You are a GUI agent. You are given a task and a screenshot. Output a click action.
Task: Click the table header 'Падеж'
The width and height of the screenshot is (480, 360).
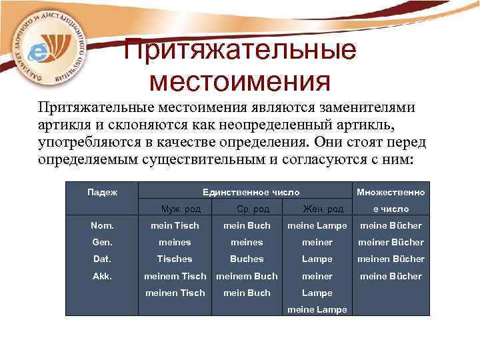[103, 192]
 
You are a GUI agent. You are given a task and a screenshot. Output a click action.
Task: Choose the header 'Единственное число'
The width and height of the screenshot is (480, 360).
[246, 192]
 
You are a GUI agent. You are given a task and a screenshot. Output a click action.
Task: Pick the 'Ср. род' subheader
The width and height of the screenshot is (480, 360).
[246, 209]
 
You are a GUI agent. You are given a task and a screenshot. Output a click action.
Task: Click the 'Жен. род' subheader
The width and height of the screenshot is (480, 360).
[317, 209]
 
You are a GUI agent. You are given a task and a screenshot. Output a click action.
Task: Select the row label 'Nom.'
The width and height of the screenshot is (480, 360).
[101, 226]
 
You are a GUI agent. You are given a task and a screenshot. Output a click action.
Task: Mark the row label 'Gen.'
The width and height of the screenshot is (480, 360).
[101, 243]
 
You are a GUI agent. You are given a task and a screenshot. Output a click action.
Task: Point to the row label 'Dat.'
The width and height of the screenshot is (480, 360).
[101, 259]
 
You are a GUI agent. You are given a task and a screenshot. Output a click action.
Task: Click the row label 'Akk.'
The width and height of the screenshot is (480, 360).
[101, 276]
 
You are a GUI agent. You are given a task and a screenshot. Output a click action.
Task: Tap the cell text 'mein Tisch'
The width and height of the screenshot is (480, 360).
[175, 226]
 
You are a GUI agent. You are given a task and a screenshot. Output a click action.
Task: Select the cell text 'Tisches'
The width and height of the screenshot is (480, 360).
[175, 259]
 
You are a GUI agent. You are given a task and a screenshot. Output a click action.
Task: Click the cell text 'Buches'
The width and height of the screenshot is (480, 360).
[247, 259]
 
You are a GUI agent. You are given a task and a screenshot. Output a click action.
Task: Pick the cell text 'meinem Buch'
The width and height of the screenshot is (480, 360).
[247, 276]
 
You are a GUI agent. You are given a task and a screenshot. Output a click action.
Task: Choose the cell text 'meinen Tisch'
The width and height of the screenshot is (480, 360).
[175, 293]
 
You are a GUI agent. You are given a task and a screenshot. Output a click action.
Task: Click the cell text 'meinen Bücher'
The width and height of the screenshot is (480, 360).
[391, 259]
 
